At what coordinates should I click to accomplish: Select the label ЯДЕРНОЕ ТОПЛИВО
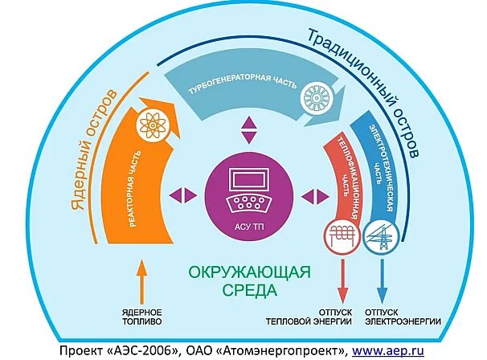143,316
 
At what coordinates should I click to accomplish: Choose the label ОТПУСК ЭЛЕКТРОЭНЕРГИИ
403,316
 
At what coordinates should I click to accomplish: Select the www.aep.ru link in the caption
390,350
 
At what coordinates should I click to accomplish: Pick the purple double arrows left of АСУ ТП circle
184,194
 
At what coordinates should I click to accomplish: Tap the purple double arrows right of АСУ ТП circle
309,194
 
